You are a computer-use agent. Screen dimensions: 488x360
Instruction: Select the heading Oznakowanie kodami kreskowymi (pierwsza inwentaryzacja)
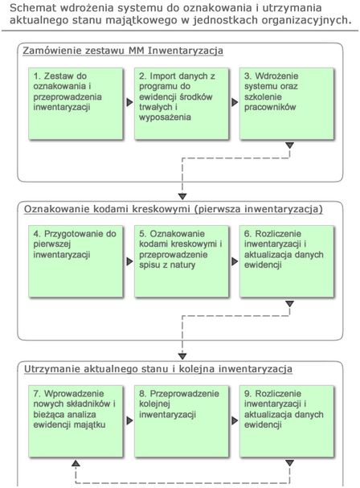coord(173,210)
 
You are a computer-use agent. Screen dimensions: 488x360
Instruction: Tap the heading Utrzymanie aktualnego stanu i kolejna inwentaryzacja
coord(157,369)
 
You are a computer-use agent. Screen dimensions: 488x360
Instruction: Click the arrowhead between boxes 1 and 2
coord(129,103)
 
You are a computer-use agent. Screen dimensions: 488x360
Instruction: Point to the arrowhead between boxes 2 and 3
coord(235,103)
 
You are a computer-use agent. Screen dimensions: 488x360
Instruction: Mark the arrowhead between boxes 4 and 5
coord(129,262)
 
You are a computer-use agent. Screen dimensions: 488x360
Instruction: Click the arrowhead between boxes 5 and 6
coord(235,262)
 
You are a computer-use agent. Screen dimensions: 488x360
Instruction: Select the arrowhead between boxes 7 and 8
coord(129,421)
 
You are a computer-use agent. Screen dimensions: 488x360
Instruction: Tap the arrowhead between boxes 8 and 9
coord(235,421)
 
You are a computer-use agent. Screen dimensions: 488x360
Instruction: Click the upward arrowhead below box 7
coord(75,465)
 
